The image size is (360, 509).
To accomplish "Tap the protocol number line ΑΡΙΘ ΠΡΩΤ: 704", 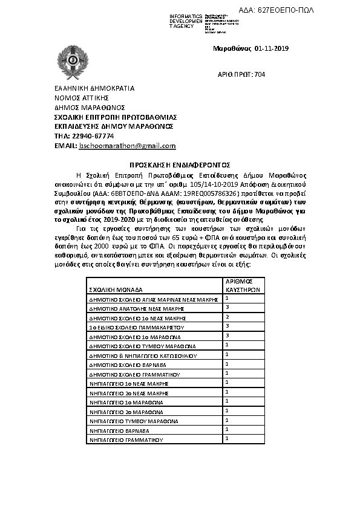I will point(241,74).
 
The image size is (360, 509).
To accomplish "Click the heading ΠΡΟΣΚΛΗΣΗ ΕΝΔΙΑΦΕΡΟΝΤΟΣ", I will point(180,164).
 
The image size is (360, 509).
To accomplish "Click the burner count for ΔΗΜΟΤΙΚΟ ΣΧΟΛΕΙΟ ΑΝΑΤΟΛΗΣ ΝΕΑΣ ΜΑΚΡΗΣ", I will point(226,307).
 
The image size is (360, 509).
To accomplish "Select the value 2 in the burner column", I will point(226,316).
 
